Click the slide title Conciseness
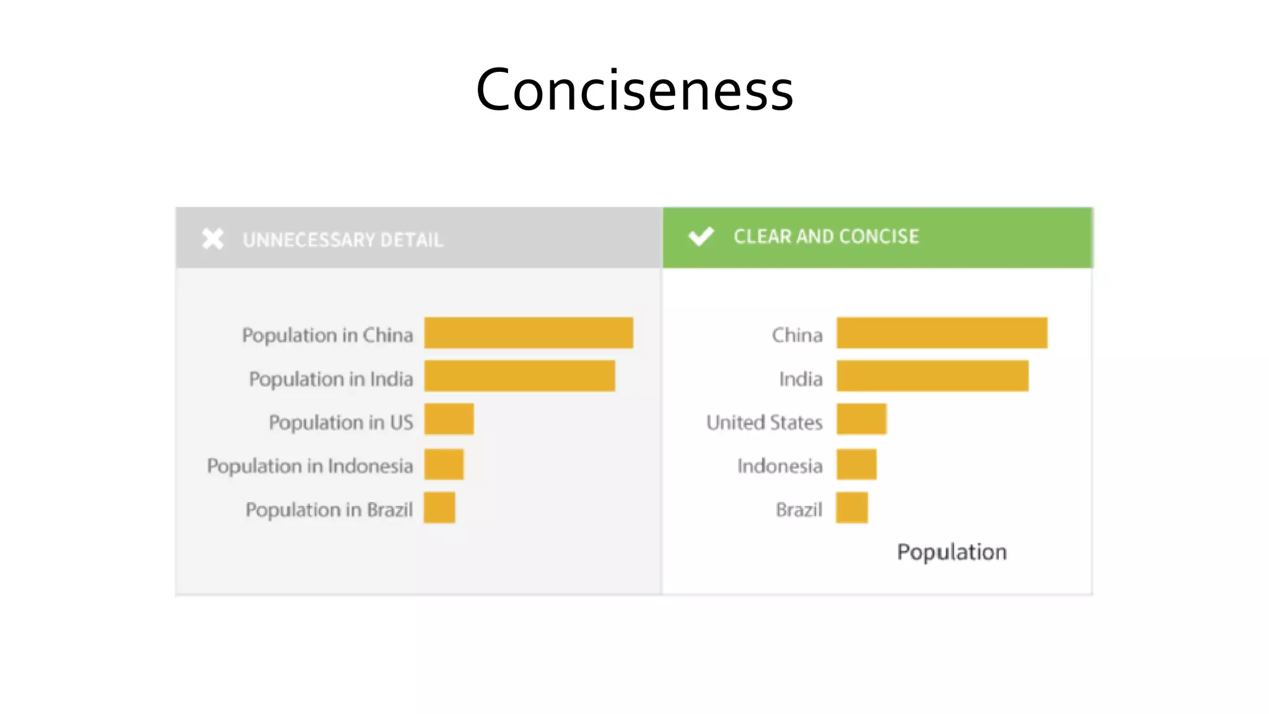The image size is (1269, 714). [634, 90]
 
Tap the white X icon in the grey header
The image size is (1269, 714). [213, 239]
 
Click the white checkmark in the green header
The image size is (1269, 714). [701, 236]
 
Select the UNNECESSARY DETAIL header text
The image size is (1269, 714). [343, 240]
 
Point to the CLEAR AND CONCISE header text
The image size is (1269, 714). [826, 236]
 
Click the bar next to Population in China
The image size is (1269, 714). [529, 333]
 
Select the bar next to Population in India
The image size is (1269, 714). [519, 376]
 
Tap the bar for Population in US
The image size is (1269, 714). [449, 419]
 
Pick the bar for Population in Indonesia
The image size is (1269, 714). [444, 464]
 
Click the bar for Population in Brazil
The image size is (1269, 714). [439, 508]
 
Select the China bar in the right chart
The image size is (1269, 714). [942, 333]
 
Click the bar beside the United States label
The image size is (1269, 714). [861, 419]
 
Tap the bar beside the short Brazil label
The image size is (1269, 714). [852, 508]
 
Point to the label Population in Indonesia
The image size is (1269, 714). [310, 465]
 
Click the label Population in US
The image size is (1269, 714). [341, 422]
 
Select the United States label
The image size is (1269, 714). [765, 422]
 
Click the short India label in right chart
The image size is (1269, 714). [801, 379]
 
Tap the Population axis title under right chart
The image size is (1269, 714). [952, 552]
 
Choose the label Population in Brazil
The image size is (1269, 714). [329, 509]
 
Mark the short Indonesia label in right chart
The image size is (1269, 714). [779, 465]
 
